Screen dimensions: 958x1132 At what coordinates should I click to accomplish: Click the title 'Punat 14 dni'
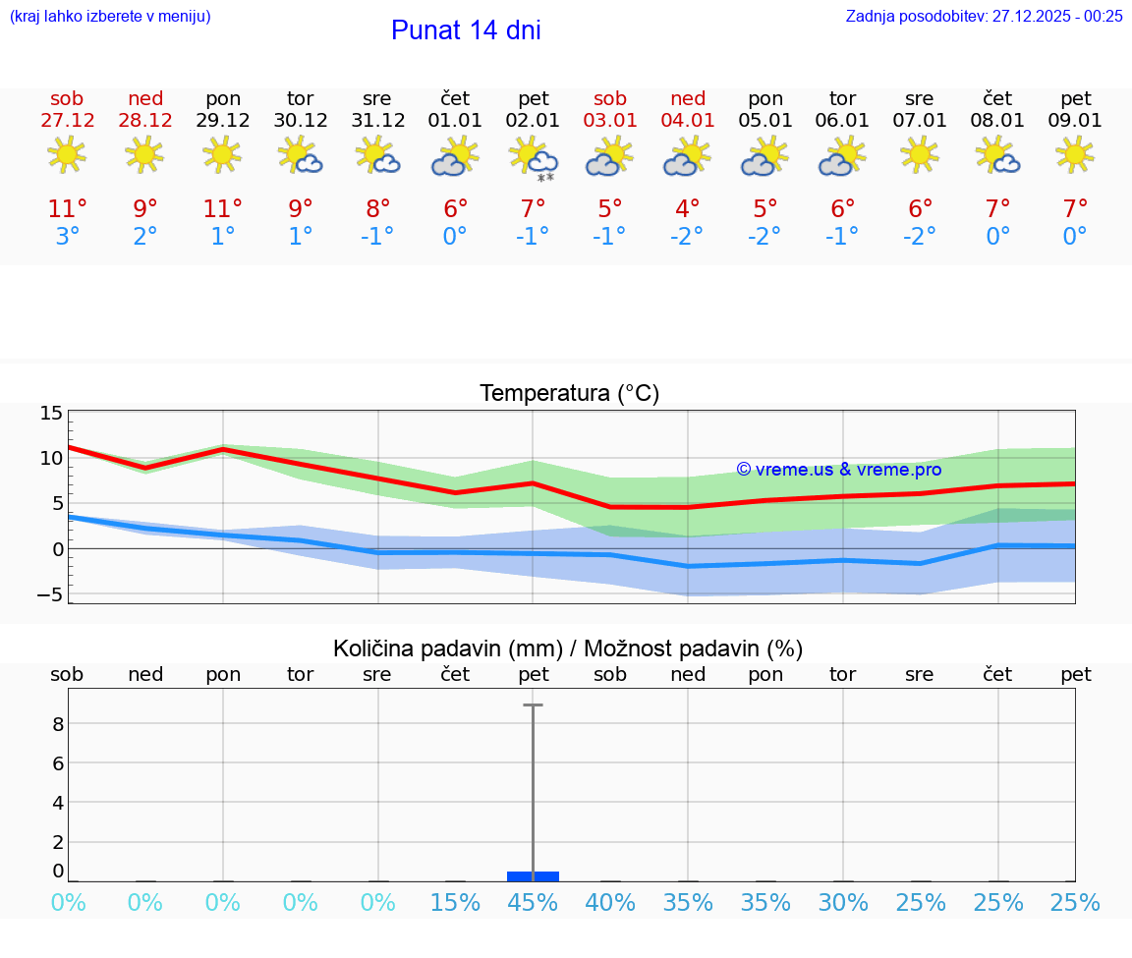click(x=466, y=30)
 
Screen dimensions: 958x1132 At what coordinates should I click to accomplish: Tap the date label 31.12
click(x=377, y=121)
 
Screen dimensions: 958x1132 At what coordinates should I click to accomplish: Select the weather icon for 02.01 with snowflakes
click(x=534, y=158)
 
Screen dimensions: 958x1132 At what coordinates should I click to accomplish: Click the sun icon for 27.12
click(x=67, y=154)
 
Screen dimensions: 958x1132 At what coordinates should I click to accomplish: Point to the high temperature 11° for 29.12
click(x=223, y=208)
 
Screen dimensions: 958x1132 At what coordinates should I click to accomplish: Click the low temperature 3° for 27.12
click(x=67, y=237)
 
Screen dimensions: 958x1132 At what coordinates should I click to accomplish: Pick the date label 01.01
click(x=455, y=121)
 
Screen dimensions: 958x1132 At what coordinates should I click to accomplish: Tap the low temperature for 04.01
click(x=688, y=237)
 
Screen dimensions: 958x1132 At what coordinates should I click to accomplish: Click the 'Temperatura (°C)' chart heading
click(x=569, y=393)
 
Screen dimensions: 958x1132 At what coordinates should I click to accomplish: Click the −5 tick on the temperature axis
click(x=50, y=594)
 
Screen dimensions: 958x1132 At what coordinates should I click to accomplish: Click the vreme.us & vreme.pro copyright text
click(x=838, y=470)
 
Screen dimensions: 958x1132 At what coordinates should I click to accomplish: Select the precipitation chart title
click(x=568, y=648)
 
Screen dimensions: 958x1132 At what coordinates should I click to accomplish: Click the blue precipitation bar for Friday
click(x=533, y=875)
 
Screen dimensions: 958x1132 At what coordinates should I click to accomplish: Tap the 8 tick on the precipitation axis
click(x=58, y=724)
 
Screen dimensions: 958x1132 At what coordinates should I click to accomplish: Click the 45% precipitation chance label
click(x=533, y=903)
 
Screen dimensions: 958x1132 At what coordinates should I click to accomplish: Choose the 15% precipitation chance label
click(x=455, y=903)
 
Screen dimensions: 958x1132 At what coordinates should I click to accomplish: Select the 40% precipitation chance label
click(x=610, y=903)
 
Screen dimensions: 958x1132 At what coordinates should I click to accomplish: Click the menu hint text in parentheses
click(x=109, y=16)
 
